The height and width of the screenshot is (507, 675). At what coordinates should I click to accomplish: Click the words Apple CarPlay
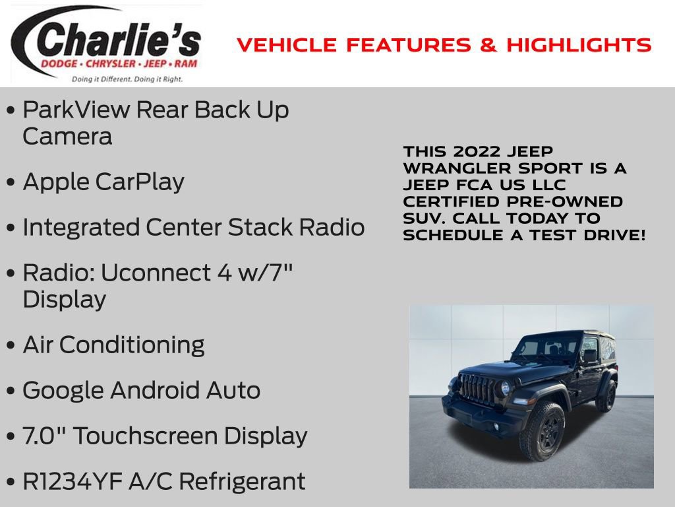click(x=103, y=182)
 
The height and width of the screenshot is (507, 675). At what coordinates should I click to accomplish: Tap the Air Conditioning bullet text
click(x=113, y=345)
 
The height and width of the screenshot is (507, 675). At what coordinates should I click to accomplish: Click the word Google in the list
click(x=63, y=390)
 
